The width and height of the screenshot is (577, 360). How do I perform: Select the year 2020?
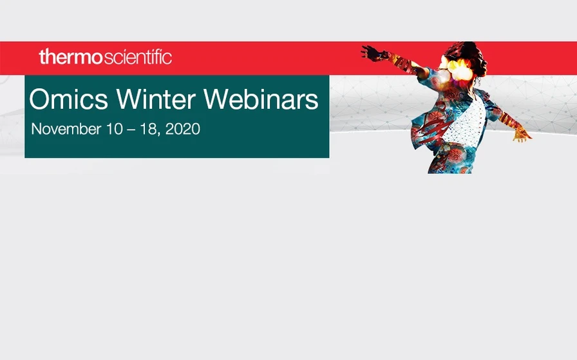pyautogui.click(x=183, y=129)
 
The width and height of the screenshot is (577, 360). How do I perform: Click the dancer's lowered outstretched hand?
pyautogui.click(x=522, y=133)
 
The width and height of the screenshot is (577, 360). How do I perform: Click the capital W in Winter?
pyautogui.click(x=129, y=100)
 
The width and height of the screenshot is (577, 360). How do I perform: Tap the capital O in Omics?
pyautogui.click(x=41, y=100)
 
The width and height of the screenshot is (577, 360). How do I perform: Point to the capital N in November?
pyautogui.click(x=36, y=129)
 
